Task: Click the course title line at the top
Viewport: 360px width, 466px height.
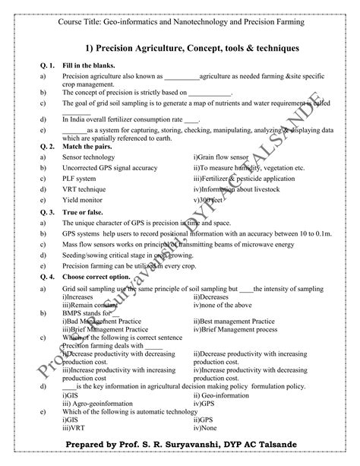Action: click(x=181, y=22)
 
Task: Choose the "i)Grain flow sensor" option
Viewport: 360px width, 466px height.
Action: click(x=222, y=156)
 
